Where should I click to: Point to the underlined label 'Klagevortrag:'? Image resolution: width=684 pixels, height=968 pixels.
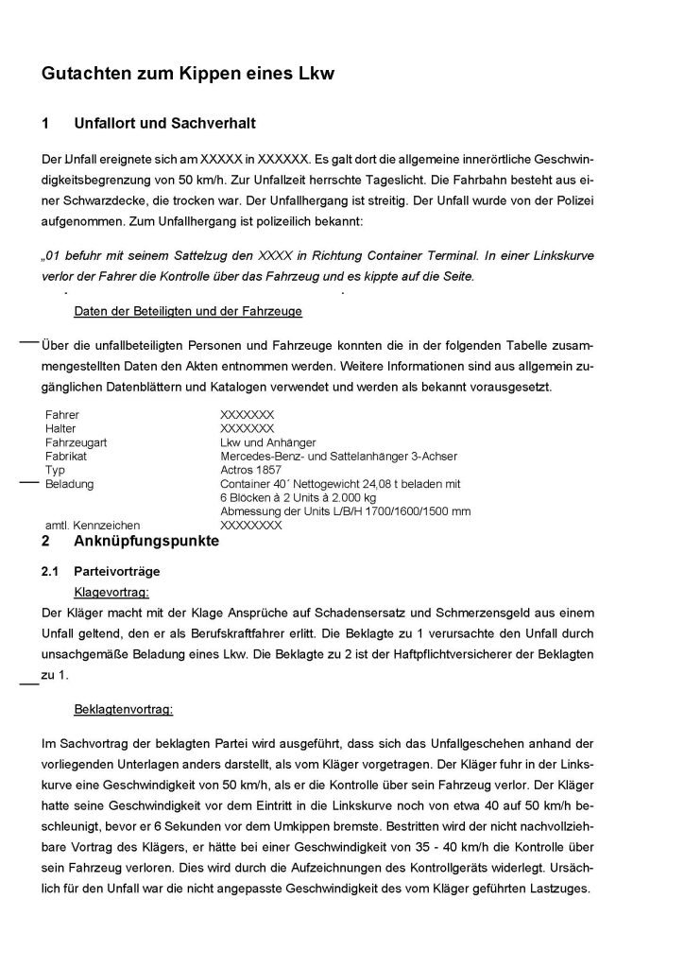[111, 592]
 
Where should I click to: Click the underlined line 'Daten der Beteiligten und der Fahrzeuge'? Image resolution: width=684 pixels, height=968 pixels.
[188, 311]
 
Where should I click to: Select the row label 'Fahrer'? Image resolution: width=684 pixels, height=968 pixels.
[62, 415]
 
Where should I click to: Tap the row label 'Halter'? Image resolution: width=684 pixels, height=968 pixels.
[61, 428]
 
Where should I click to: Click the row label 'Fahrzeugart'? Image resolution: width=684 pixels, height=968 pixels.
[75, 442]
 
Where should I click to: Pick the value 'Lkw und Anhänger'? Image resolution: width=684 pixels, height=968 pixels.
[268, 442]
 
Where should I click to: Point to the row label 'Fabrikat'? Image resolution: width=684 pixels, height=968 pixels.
[66, 456]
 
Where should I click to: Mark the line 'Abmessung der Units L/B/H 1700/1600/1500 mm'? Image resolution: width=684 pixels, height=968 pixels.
[345, 511]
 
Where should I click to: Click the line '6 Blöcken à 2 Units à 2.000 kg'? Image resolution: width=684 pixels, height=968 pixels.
[299, 497]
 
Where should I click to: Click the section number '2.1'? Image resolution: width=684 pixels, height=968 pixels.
[51, 572]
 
